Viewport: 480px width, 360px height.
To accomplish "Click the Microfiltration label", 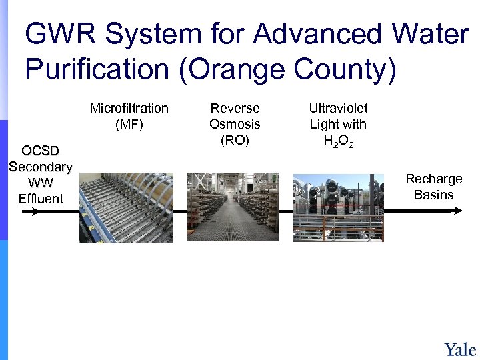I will tap(129, 108).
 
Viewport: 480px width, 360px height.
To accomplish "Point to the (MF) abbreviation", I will tap(129, 124).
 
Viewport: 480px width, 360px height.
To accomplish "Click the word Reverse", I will tap(235, 108).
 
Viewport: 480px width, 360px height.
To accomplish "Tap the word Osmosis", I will tap(235, 124).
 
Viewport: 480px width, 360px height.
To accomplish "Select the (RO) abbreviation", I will tap(235, 140).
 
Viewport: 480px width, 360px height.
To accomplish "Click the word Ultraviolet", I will tap(338, 108).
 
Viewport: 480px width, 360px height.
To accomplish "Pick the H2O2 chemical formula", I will tap(338, 141).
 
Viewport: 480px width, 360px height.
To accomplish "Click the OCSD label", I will tap(40, 150).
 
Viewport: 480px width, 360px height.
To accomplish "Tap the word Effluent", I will tap(41, 198).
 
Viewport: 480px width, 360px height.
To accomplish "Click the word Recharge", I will tap(434, 179).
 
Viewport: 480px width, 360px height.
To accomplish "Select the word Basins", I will tap(434, 195).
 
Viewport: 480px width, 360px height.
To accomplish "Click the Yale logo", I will tap(460, 349).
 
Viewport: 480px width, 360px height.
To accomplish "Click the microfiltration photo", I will tap(126, 207).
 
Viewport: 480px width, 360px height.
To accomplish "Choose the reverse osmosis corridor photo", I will tap(233, 207).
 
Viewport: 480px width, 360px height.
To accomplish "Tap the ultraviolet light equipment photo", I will tap(339, 207).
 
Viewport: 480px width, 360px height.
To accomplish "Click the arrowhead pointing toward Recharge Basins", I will tap(457, 211).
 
